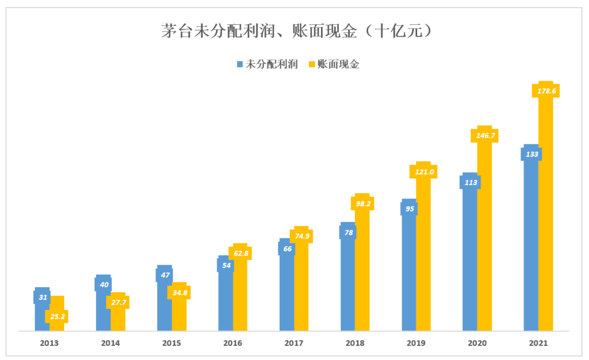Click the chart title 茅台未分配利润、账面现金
coord(294,31)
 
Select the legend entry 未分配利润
coord(267,64)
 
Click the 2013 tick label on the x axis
coord(49,343)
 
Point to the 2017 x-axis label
coord(294,343)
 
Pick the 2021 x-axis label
coord(538,343)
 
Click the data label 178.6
coord(545,91)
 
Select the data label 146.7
coord(484,135)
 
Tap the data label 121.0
coord(423,171)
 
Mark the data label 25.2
coord(57,316)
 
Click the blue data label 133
coord(530,154)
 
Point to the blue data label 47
coord(164,275)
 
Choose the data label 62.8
coord(240,253)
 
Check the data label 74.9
coord(301,236)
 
